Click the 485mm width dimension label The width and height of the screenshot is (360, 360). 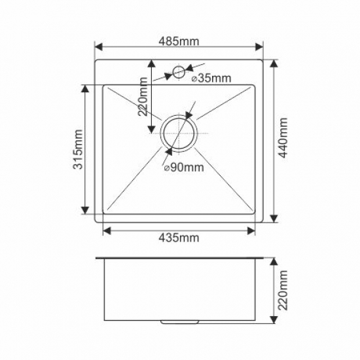pyautogui.click(x=179, y=41)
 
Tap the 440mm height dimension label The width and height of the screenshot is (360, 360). pyautogui.click(x=283, y=137)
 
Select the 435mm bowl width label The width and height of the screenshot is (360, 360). pyautogui.click(x=179, y=238)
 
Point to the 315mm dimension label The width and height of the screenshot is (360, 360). pyautogui.click(x=78, y=149)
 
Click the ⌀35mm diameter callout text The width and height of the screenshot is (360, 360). pyautogui.click(x=211, y=79)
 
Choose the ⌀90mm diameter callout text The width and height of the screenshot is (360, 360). pyautogui.click(x=184, y=168)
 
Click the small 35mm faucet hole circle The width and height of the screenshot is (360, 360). pyautogui.click(x=179, y=72)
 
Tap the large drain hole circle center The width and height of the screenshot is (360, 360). pyautogui.click(x=179, y=134)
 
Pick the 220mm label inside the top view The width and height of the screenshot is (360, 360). pyautogui.click(x=143, y=97)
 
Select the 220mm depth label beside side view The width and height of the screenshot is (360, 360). pyautogui.click(x=283, y=291)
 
